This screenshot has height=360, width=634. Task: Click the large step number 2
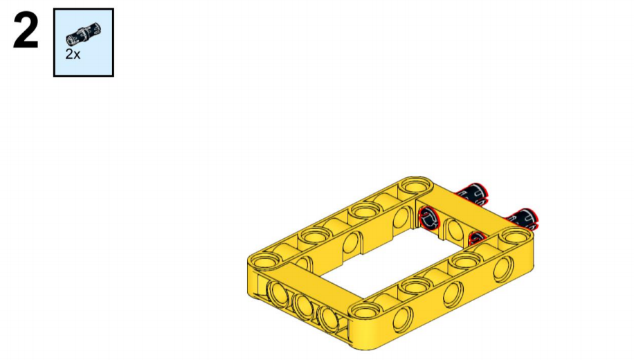tap(26, 30)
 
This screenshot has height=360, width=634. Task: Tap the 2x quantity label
tap(73, 54)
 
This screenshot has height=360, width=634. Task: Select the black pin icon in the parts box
tap(83, 33)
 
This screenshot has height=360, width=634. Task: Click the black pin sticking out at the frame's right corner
tap(523, 219)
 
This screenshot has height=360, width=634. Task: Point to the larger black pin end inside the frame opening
tap(428, 217)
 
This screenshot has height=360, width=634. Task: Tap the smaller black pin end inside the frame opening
tap(477, 238)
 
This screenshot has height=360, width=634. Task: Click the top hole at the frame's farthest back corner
tap(414, 186)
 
